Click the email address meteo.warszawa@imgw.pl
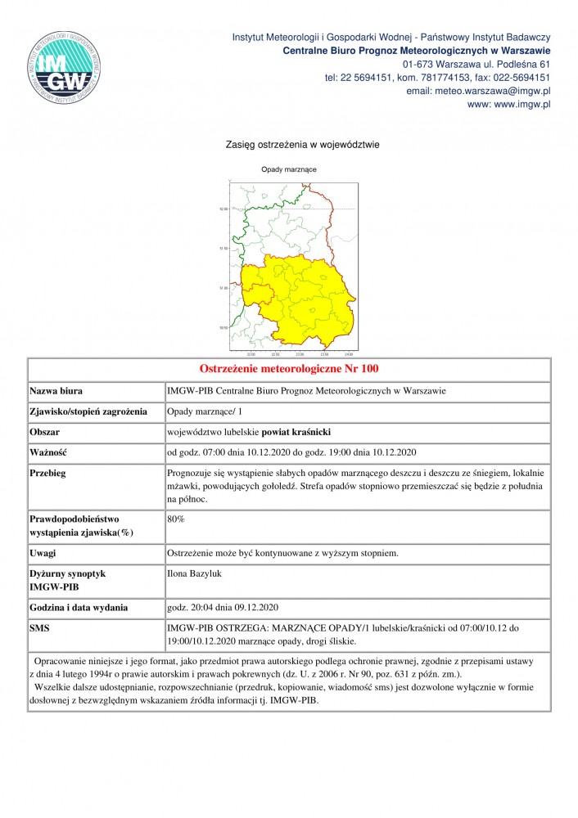point(478,91)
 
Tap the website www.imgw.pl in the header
point(508,105)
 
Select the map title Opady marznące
point(289,169)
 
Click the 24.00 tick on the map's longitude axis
point(349,354)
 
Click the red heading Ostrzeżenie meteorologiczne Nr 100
point(289,370)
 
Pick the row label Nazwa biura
point(56,391)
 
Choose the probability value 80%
point(175,519)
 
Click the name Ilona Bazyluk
point(194,574)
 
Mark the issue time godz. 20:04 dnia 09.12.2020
point(224,608)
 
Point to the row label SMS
point(41,628)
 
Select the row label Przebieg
point(48,473)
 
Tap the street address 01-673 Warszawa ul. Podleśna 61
point(476,64)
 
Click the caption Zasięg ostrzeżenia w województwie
point(302,145)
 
